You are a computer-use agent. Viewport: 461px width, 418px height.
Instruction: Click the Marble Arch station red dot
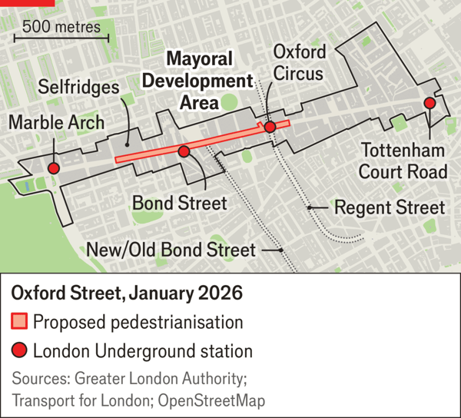click(53, 168)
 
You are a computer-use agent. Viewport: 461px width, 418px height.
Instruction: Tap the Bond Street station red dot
click(184, 151)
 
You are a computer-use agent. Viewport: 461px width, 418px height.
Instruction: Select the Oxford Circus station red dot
click(270, 127)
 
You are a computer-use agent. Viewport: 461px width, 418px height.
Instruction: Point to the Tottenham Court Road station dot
click(429, 104)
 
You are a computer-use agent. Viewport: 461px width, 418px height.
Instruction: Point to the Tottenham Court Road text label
click(403, 160)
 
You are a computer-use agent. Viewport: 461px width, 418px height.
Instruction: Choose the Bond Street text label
click(179, 203)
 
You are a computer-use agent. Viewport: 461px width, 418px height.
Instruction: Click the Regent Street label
click(389, 207)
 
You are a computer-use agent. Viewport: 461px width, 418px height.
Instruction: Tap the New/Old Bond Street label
click(171, 250)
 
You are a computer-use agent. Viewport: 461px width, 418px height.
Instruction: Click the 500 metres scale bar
click(61, 35)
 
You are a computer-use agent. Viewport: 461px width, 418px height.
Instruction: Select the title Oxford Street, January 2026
click(126, 294)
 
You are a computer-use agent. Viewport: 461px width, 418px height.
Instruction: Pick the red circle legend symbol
click(20, 351)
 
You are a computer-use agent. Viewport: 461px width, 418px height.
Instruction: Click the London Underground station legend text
click(143, 352)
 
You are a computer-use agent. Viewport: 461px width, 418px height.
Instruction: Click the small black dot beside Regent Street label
click(309, 207)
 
